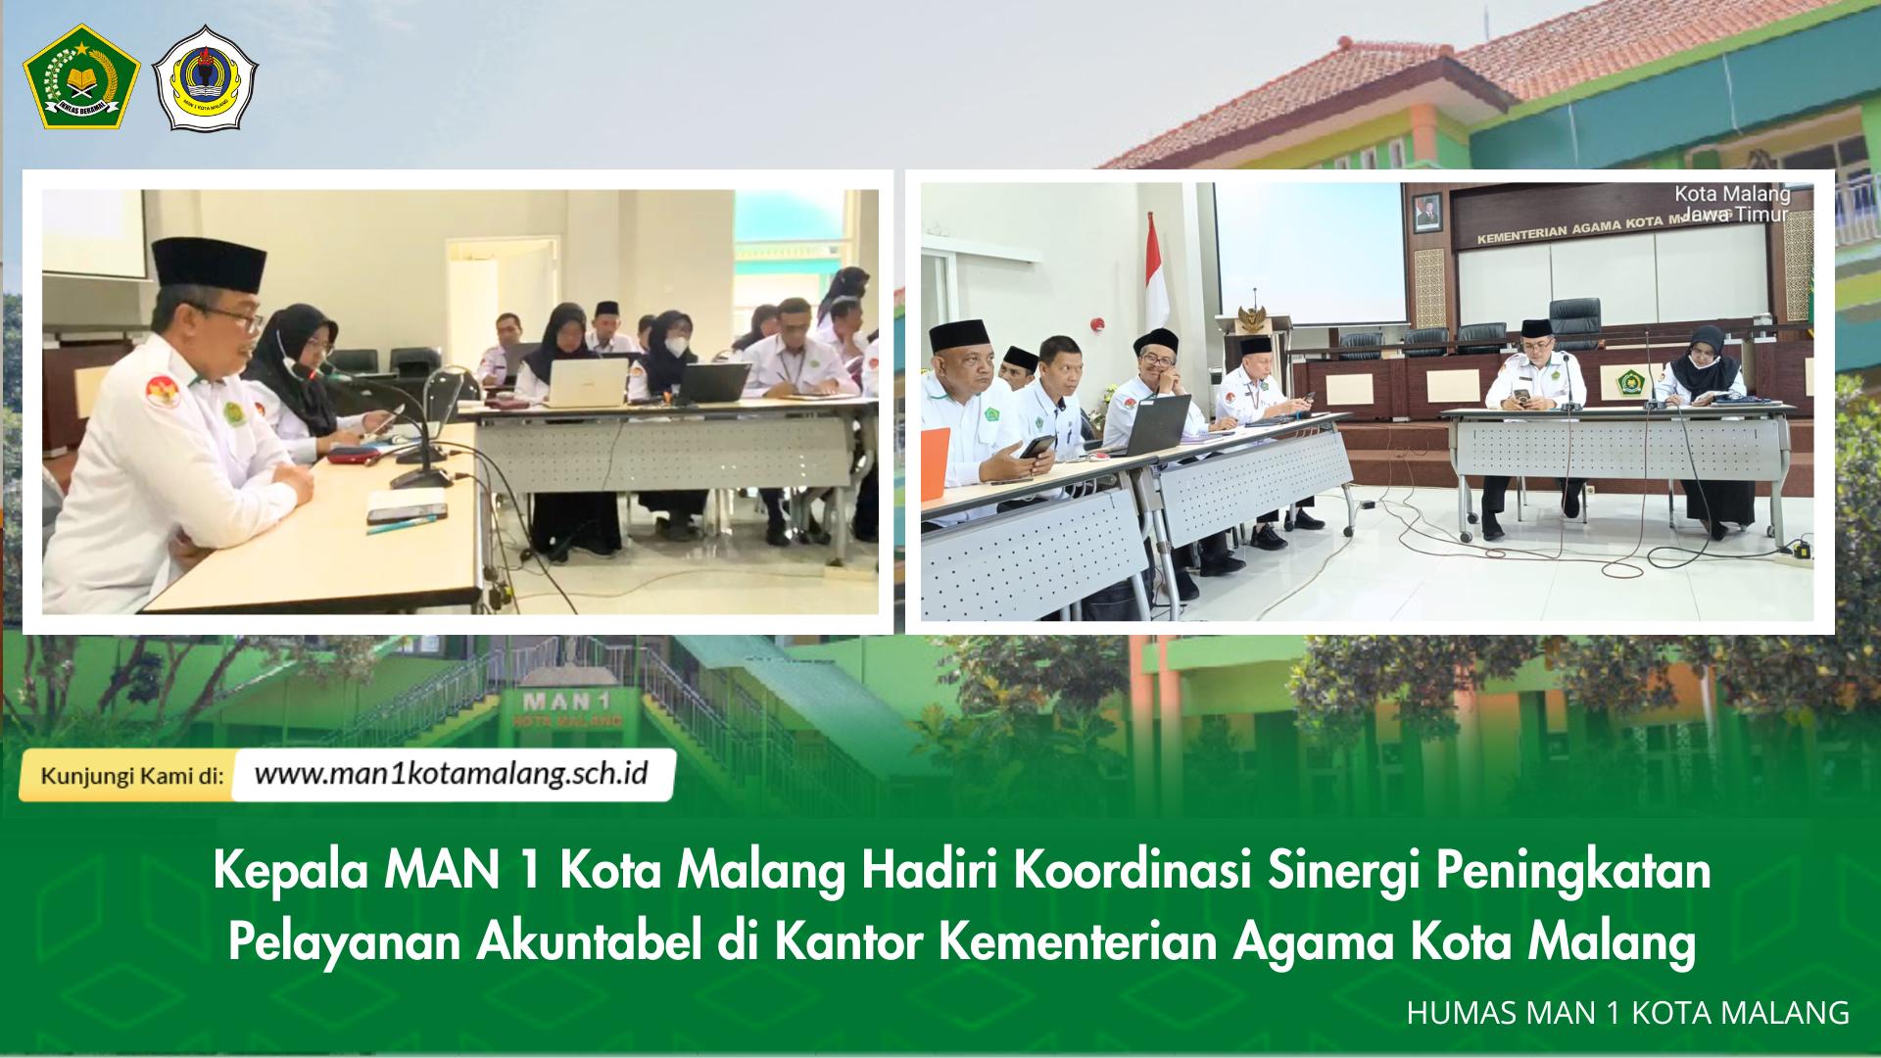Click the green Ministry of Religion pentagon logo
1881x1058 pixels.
point(81,77)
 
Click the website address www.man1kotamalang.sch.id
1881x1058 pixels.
point(451,775)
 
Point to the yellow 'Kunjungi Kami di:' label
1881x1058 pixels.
point(131,777)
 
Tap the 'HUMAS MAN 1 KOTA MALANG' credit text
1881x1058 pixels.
point(1627,1013)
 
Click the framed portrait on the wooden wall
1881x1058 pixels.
point(1425,211)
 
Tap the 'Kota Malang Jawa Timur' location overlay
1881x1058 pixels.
point(1731,204)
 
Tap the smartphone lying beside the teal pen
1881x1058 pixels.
point(406,511)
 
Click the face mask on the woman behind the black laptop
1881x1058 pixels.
point(677,346)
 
